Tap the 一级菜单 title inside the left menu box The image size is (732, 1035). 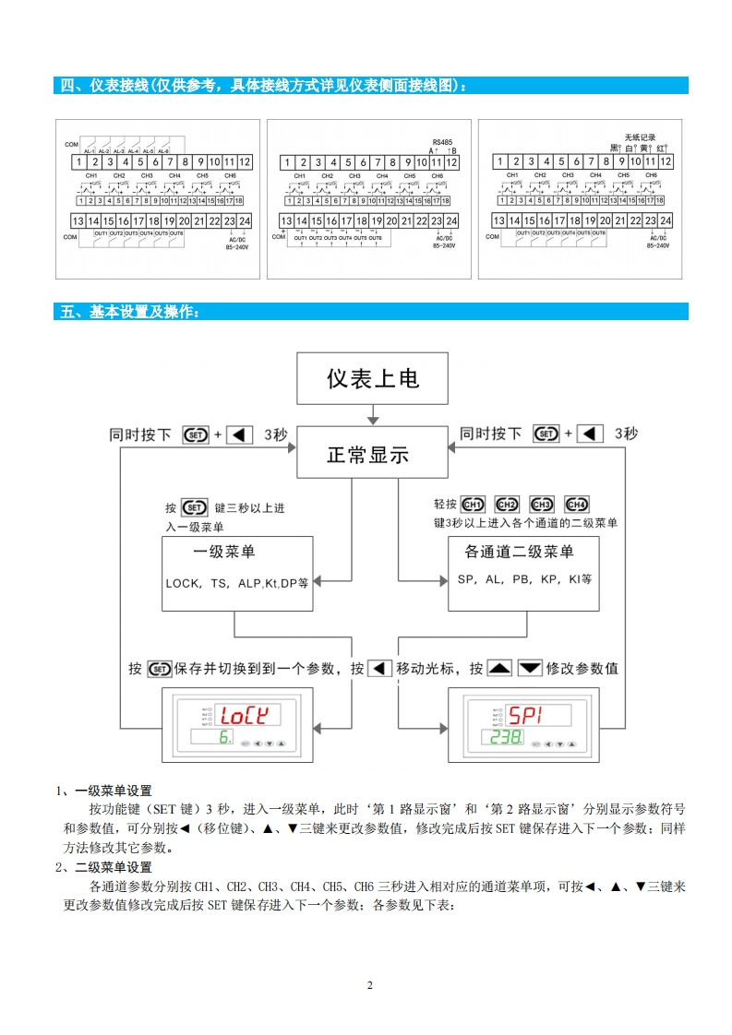[224, 552]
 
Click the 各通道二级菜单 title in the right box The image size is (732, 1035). [520, 552]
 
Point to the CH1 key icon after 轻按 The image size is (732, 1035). [473, 505]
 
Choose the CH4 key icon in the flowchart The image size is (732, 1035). [576, 505]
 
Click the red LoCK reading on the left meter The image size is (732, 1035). [244, 714]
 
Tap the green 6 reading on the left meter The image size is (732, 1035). [224, 738]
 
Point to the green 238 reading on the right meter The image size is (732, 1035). [507, 738]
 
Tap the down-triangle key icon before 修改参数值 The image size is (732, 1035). [529, 668]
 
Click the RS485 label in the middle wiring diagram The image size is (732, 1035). [442, 142]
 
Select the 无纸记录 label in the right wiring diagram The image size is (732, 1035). [640, 137]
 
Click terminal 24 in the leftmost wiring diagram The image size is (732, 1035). [245, 220]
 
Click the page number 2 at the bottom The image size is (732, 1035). [370, 985]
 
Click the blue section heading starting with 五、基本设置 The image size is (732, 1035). [128, 312]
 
